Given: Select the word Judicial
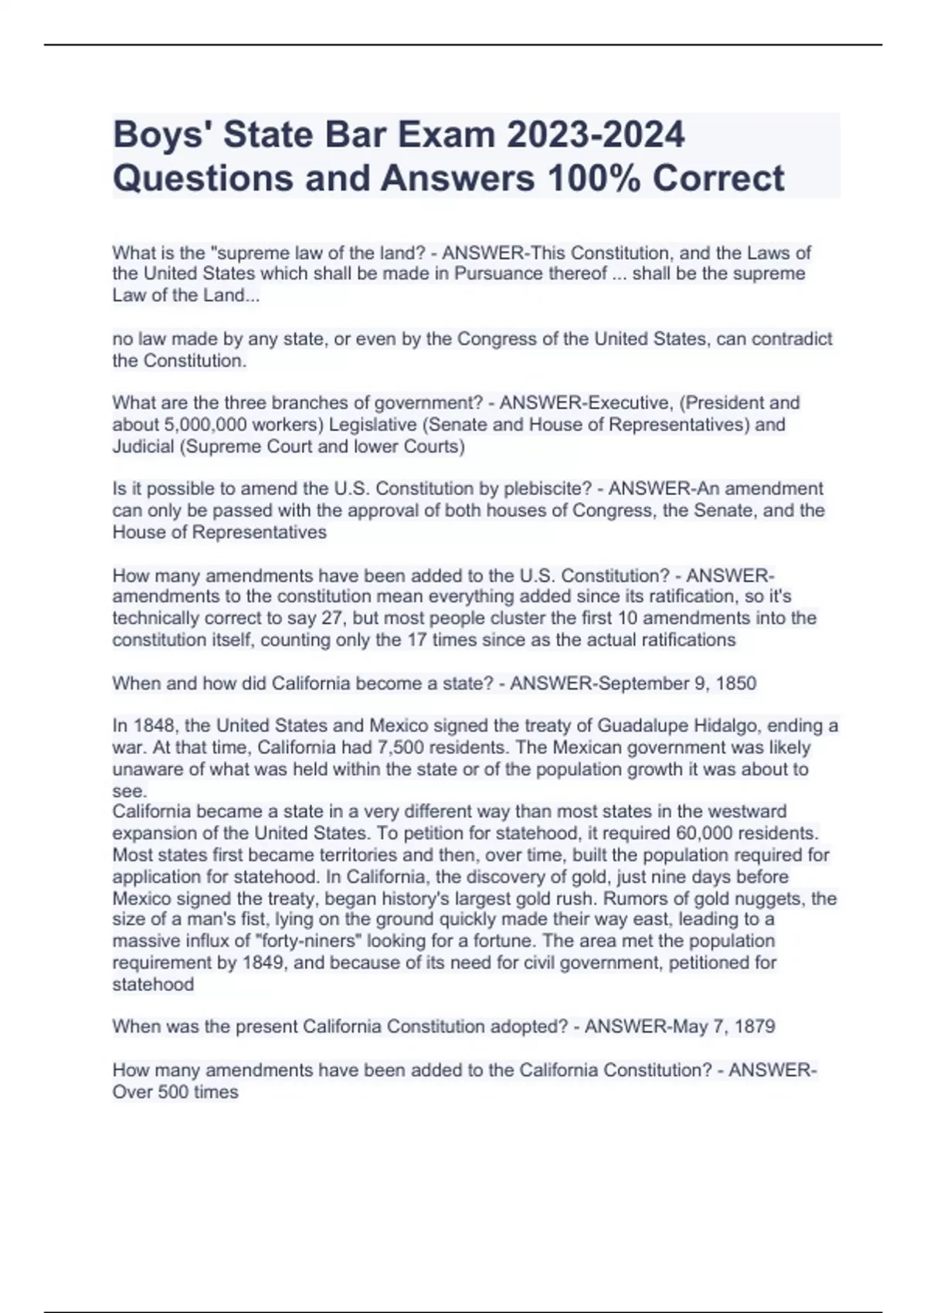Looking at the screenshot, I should [143, 446].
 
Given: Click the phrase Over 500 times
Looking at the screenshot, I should [175, 1092].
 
